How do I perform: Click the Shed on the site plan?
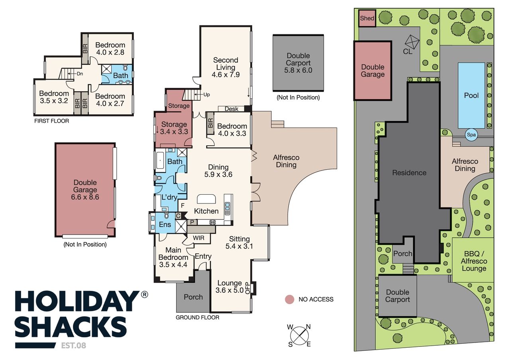[367, 18]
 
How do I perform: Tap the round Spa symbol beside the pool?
[471, 135]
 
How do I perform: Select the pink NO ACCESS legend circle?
[290, 299]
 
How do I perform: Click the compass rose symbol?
[299, 336]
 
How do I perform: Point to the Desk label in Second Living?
[231, 109]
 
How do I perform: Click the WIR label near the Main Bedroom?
[198, 238]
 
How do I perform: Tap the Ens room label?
[165, 225]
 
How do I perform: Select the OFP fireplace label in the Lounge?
[248, 288]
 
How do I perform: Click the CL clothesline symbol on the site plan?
[412, 42]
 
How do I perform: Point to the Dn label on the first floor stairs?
[80, 74]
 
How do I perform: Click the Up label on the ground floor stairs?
[206, 95]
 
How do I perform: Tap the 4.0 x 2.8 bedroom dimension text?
[110, 52]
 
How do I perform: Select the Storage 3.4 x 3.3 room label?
[174, 128]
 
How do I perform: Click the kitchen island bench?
[206, 199]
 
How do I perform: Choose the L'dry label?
[169, 197]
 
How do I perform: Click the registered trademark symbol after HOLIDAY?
[145, 294]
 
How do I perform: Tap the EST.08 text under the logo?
[74, 346]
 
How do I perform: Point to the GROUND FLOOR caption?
[197, 317]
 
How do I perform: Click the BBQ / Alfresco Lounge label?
[474, 261]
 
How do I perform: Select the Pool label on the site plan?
[471, 95]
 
